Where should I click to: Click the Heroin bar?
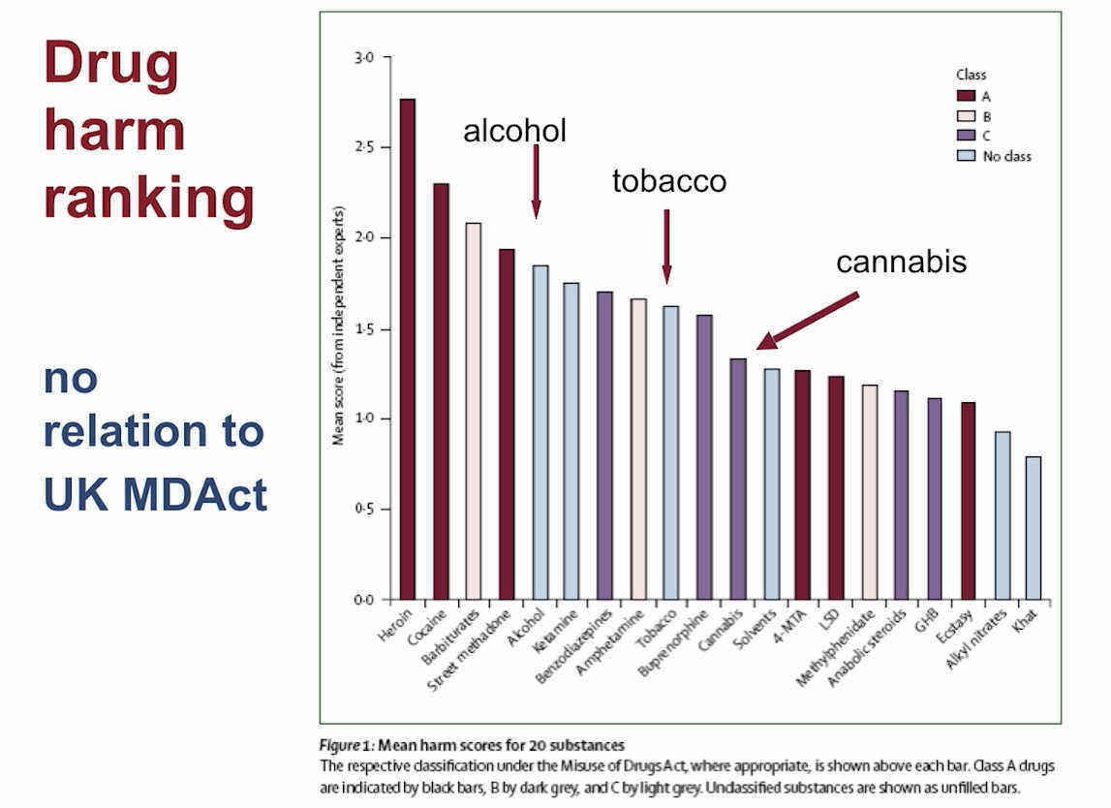(408, 350)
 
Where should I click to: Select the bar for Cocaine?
(441, 392)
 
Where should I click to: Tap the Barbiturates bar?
(474, 412)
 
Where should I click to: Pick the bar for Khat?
(1034, 528)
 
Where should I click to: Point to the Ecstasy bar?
(968, 501)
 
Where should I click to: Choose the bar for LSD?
(836, 488)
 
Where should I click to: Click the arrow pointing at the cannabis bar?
(807, 321)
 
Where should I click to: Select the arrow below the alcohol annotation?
(537, 181)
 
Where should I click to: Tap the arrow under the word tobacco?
(666, 246)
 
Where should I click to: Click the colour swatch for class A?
(967, 96)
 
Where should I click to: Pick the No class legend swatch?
(967, 156)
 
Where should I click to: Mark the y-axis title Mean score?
(339, 326)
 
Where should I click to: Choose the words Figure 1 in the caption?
(346, 746)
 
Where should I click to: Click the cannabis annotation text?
(901, 262)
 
